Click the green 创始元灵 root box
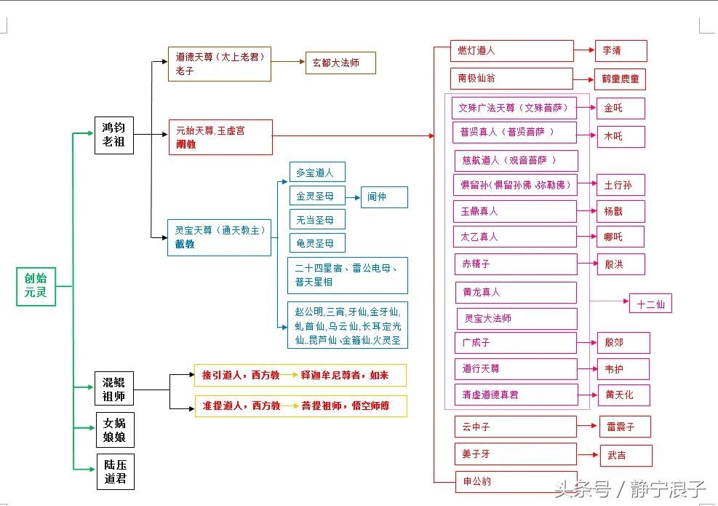(x=36, y=286)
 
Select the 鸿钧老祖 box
(x=114, y=135)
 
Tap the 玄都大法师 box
(x=341, y=63)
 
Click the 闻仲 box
(x=384, y=197)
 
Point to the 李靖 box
(x=621, y=51)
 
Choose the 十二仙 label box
(x=650, y=304)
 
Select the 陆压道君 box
(x=115, y=472)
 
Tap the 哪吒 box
(x=621, y=237)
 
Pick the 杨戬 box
(x=621, y=211)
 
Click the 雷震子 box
(x=624, y=427)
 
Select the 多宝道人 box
(x=316, y=173)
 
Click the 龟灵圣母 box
(x=316, y=242)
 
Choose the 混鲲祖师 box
(x=114, y=390)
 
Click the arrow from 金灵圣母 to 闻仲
(x=352, y=197)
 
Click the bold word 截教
(x=186, y=244)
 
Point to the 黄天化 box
(x=623, y=395)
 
